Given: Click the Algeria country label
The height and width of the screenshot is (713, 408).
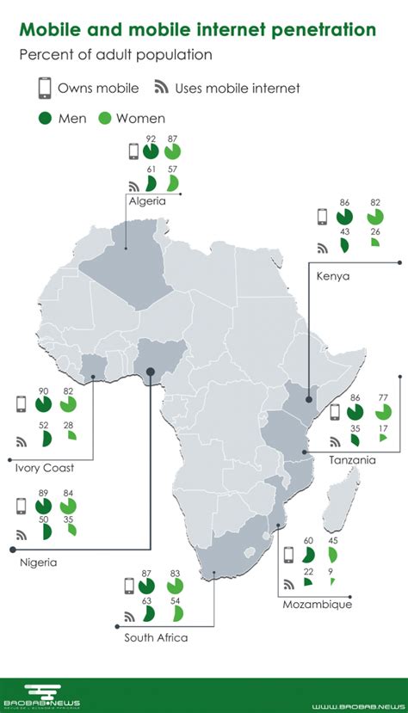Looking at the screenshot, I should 147,201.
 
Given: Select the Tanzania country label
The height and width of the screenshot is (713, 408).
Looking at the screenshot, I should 351,460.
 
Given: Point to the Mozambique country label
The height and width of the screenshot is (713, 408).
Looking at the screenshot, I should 317,605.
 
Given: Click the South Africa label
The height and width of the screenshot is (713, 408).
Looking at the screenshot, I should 156,637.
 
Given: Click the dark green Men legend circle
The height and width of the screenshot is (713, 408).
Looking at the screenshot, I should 45,117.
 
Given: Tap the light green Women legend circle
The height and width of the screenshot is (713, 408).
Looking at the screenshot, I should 107,117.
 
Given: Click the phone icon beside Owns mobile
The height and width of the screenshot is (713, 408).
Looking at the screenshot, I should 43,88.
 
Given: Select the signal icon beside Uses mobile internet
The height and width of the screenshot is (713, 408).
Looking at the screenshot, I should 161,88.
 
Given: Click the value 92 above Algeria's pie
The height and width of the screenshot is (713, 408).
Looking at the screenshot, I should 151,138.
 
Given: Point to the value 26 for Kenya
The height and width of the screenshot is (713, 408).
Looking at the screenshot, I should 376,230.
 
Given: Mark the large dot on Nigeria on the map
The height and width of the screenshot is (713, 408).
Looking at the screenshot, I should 151,372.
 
